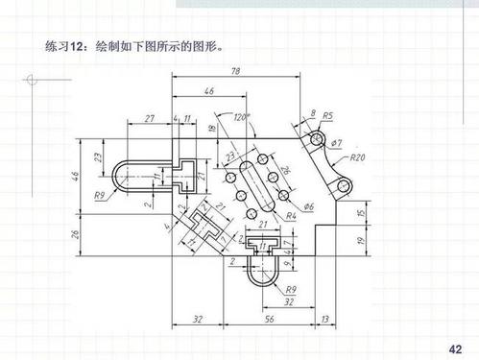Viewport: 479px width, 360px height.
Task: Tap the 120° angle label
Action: tap(240, 118)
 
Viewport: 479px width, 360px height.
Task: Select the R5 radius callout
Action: tap(327, 116)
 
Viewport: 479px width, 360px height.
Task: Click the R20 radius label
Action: tap(357, 156)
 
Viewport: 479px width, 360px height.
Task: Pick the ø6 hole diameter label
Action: tap(308, 206)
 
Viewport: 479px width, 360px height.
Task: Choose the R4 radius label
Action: tap(291, 217)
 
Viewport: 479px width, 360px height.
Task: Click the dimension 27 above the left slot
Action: tap(149, 118)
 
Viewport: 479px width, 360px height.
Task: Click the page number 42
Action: tap(455, 346)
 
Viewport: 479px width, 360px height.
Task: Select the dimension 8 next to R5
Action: tap(312, 113)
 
